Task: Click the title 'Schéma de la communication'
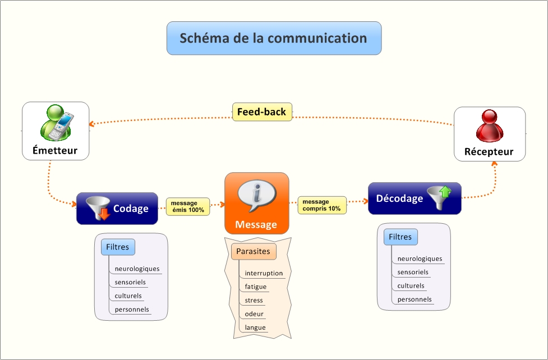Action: pyautogui.click(x=274, y=38)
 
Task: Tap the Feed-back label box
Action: pyautogui.click(x=261, y=112)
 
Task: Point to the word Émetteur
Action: pyautogui.click(x=55, y=150)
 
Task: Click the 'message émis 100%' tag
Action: pyautogui.click(x=187, y=206)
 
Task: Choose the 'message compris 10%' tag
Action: pyautogui.click(x=321, y=205)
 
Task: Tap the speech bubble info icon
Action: pyautogui.click(x=256, y=195)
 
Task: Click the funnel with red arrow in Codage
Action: pyautogui.click(x=98, y=208)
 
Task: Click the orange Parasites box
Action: pyautogui.click(x=253, y=251)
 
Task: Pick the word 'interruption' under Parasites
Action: pyautogui.click(x=264, y=274)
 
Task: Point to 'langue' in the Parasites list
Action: pyautogui.click(x=255, y=327)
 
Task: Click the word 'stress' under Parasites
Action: pyautogui.click(x=254, y=301)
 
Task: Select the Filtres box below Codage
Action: pyautogui.click(x=118, y=247)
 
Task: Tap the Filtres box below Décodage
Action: pyautogui.click(x=400, y=237)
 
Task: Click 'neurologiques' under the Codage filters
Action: pyautogui.click(x=137, y=269)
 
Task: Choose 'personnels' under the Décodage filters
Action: pyautogui.click(x=415, y=299)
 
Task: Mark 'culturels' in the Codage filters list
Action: pyautogui.click(x=128, y=296)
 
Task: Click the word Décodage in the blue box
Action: pyautogui.click(x=399, y=198)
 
